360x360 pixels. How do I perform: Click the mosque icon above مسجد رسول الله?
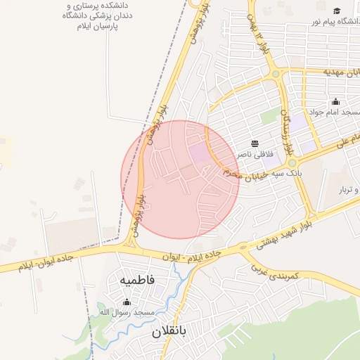click(127, 302)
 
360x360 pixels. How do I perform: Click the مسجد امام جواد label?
click(335, 112)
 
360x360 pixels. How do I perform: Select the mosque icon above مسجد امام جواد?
click(335, 101)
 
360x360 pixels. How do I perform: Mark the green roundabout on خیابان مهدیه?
click(276, 72)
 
